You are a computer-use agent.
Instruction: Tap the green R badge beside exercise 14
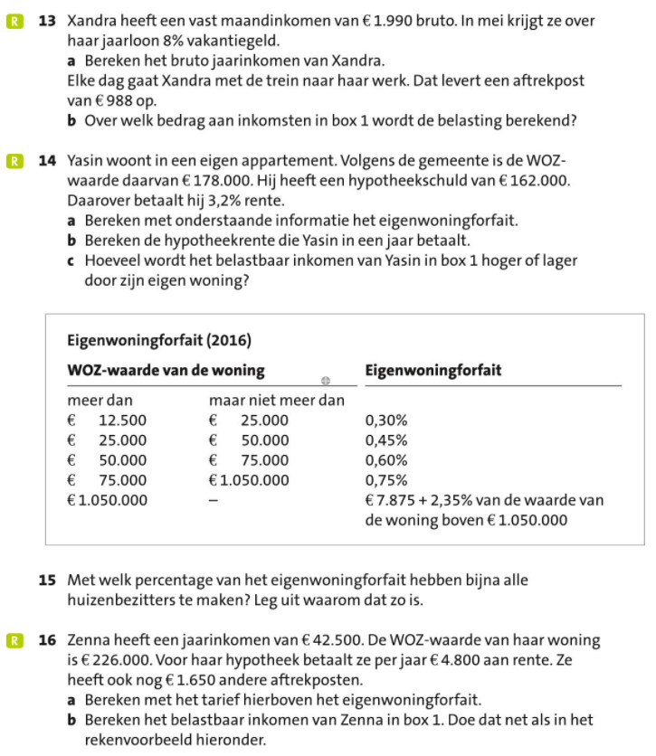click(x=14, y=162)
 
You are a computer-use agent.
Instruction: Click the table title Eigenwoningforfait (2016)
click(x=159, y=341)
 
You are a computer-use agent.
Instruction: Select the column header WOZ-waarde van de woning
click(x=166, y=371)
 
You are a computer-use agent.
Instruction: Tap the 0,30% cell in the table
click(x=385, y=421)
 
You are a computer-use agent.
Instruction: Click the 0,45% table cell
click(x=385, y=440)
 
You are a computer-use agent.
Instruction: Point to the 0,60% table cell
click(x=385, y=460)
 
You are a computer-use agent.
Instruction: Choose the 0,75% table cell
click(x=385, y=480)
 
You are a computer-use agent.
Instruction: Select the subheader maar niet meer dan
click(x=276, y=401)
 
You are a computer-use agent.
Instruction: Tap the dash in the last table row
click(x=214, y=501)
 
